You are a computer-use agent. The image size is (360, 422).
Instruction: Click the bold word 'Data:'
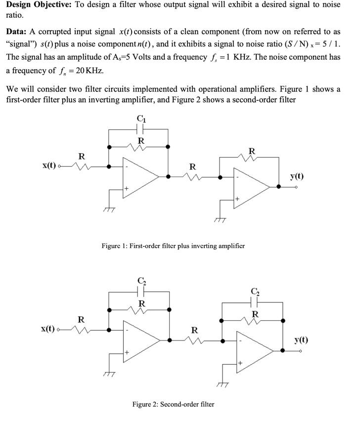coord(18,32)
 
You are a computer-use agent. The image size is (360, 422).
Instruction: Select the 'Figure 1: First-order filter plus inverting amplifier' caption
coord(173,246)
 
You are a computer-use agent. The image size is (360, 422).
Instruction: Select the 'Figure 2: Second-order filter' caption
coord(173,404)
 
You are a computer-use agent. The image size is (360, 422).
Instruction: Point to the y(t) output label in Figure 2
coord(302,339)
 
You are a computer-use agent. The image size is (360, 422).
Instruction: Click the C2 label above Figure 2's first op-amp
coord(141,281)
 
